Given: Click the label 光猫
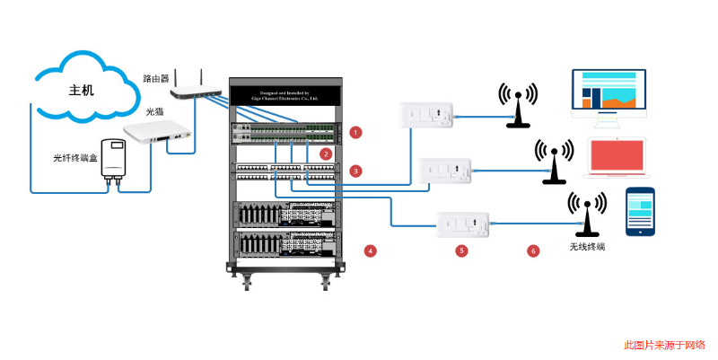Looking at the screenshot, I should coord(154,112).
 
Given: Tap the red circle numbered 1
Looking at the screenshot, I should coord(356,132).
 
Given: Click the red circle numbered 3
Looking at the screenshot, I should coord(356,170).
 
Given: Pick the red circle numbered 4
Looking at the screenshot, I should coord(370,250).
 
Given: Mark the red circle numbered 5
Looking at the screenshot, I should coord(461,250).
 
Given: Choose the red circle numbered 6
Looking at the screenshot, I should coord(533,250).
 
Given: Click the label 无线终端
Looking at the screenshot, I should coord(587,245).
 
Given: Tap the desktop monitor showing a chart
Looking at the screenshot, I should coord(609,95).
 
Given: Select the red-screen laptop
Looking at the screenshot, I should coord(616,158).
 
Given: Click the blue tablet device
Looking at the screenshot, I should coord(641,211).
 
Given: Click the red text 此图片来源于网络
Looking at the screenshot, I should coord(664,345).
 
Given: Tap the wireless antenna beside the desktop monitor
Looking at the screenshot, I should coord(519,105).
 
